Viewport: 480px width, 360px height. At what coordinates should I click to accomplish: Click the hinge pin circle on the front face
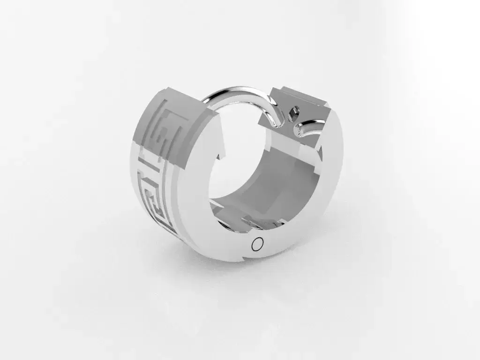(257, 244)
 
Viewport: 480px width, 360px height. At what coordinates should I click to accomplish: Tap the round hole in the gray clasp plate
(294, 112)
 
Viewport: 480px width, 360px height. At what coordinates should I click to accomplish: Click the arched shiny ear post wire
(239, 91)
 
